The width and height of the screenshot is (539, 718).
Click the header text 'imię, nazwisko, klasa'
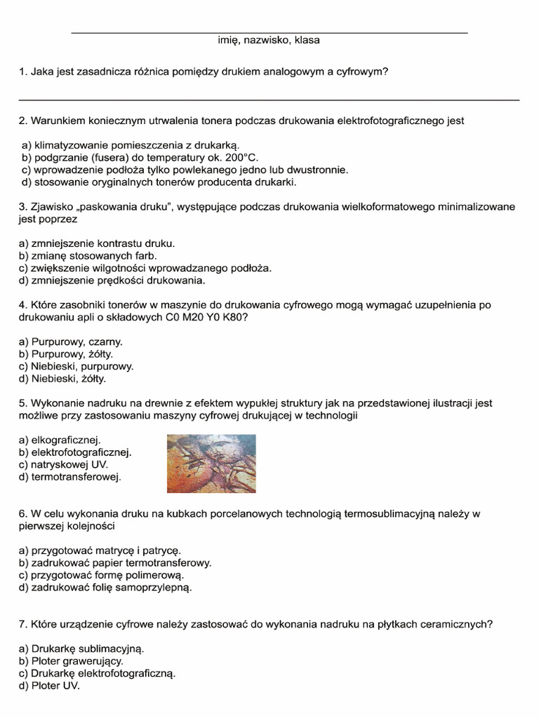[269, 41]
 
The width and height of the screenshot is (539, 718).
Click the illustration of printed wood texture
[211, 463]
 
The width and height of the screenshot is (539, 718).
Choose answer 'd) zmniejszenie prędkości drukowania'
[112, 280]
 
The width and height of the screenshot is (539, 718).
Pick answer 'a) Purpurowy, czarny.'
[71, 341]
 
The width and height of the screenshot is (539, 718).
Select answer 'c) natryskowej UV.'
[64, 464]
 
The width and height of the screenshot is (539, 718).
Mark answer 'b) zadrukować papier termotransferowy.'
[115, 562]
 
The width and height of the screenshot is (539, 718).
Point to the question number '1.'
[22, 72]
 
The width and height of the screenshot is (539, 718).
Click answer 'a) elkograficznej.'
[60, 440]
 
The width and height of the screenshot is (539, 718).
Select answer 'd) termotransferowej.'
[70, 477]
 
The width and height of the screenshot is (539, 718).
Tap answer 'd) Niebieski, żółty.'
[63, 379]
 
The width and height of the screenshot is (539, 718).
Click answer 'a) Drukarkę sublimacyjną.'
[81, 649]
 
